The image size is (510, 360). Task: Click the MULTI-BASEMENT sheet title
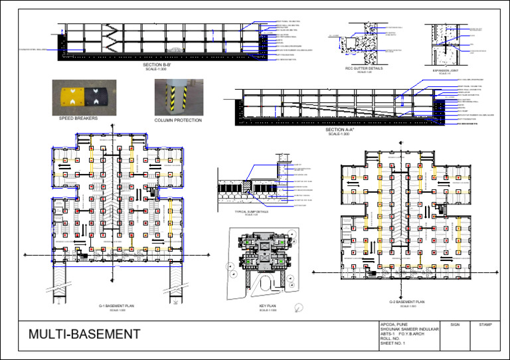point(84,333)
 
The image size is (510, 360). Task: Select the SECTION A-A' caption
point(339,130)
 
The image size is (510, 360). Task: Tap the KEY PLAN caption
point(268,307)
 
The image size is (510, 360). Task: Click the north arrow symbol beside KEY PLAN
point(300,306)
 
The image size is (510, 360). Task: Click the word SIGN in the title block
point(454,325)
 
